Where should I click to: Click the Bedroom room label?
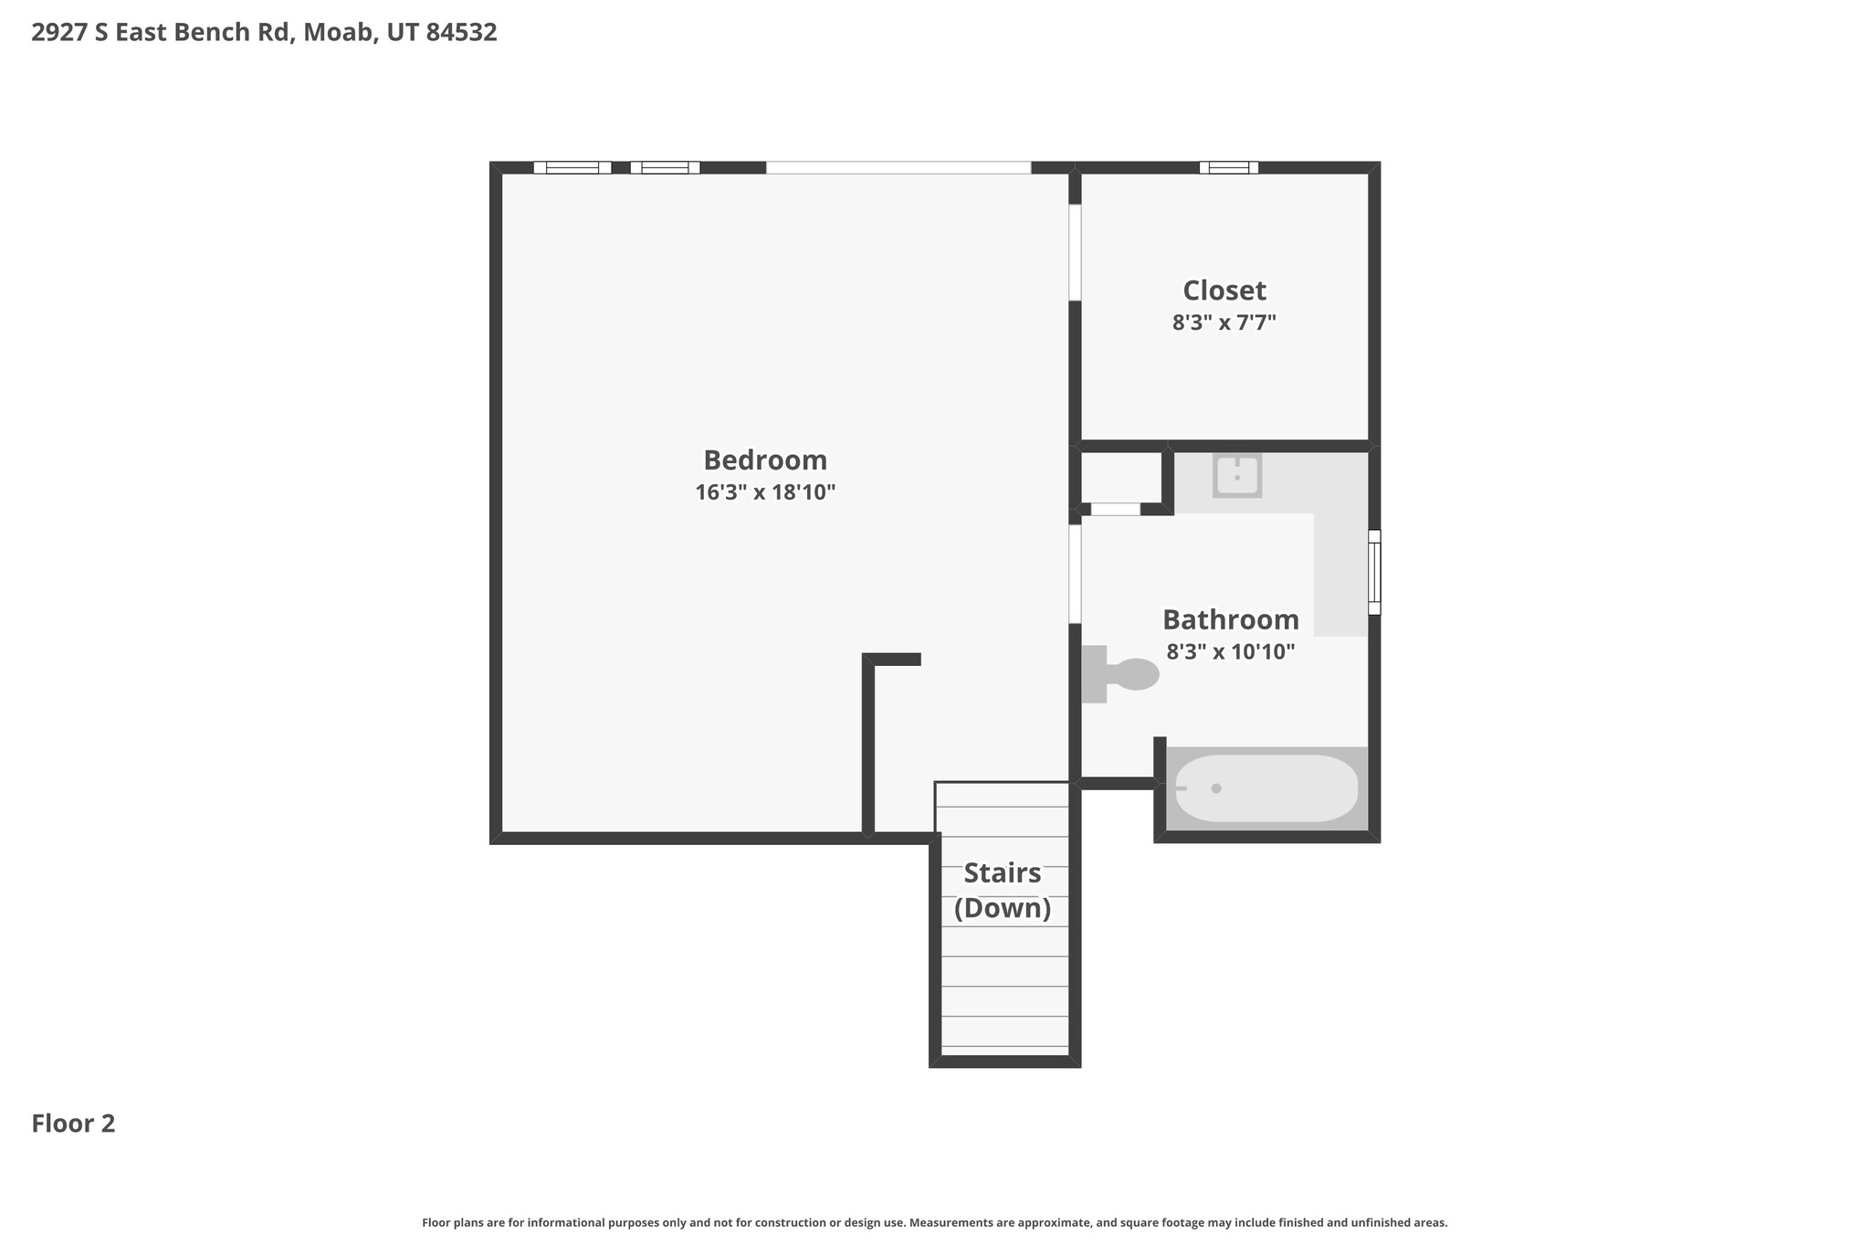click(765, 460)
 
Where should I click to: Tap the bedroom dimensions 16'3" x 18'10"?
click(765, 493)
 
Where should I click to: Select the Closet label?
click(1224, 291)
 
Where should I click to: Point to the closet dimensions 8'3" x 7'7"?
click(1224, 322)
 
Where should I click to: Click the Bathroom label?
click(1230, 619)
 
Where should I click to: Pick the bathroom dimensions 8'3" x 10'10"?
click(1230, 652)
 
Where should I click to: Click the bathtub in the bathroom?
click(1266, 788)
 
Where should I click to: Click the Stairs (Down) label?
click(1003, 891)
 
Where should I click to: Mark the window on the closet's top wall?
click(1228, 167)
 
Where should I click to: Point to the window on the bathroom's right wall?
click(1374, 572)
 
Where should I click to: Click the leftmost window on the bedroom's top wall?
click(573, 167)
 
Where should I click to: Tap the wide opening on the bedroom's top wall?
click(898, 167)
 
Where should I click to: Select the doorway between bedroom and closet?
click(1075, 252)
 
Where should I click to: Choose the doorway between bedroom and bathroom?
click(1075, 574)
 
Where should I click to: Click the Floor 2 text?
click(73, 1124)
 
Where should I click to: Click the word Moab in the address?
click(337, 33)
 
